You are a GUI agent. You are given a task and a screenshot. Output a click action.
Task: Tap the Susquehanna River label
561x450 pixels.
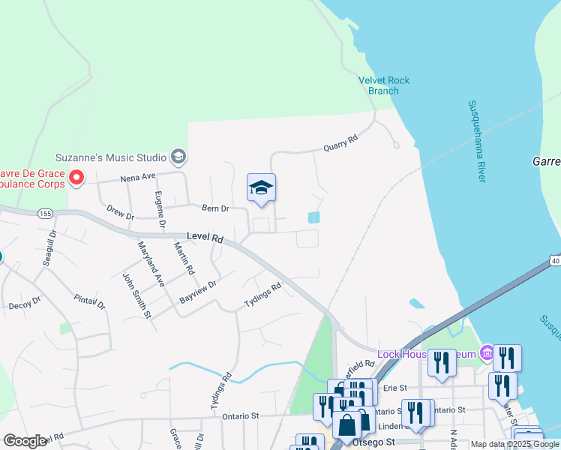click(x=476, y=141)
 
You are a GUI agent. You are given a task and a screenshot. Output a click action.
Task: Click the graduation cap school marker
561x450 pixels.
click(x=261, y=187)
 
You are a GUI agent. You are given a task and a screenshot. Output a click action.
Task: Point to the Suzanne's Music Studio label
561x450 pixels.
click(x=110, y=157)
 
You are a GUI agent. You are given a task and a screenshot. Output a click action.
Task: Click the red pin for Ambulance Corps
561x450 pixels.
click(x=76, y=178)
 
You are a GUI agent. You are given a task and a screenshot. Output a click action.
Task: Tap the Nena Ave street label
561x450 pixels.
click(x=138, y=178)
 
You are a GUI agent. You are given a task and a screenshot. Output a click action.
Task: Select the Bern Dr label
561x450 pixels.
click(x=214, y=208)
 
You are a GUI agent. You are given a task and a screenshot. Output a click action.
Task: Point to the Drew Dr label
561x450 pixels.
click(x=120, y=213)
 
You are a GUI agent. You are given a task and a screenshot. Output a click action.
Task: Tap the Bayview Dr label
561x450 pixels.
click(x=198, y=292)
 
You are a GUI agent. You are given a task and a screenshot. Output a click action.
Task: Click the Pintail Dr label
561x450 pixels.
click(x=90, y=295)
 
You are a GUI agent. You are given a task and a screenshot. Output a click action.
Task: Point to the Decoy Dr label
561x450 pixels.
click(x=24, y=306)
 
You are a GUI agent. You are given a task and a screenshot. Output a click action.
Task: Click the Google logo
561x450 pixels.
click(x=25, y=441)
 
